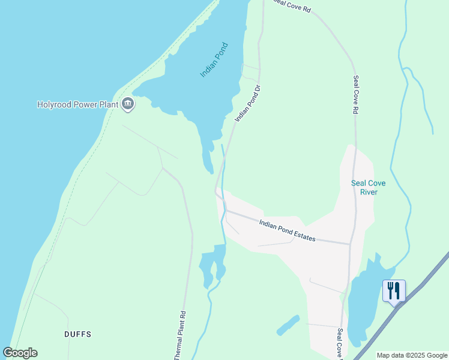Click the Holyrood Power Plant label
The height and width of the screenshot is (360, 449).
[x=77, y=104]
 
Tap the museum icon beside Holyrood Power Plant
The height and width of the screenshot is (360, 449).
[x=127, y=104]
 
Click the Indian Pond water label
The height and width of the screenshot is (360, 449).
[x=214, y=59]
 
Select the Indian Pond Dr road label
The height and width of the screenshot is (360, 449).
[x=248, y=104]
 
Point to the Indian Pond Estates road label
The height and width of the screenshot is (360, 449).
[x=287, y=230]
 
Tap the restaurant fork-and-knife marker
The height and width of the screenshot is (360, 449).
[x=394, y=291]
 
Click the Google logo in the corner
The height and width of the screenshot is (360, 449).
[x=20, y=353]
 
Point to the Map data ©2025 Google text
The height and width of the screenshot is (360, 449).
[x=412, y=355]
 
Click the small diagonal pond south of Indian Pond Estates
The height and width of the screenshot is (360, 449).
[x=288, y=325]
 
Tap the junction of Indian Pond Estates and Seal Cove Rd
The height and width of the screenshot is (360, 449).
[x=351, y=244]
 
